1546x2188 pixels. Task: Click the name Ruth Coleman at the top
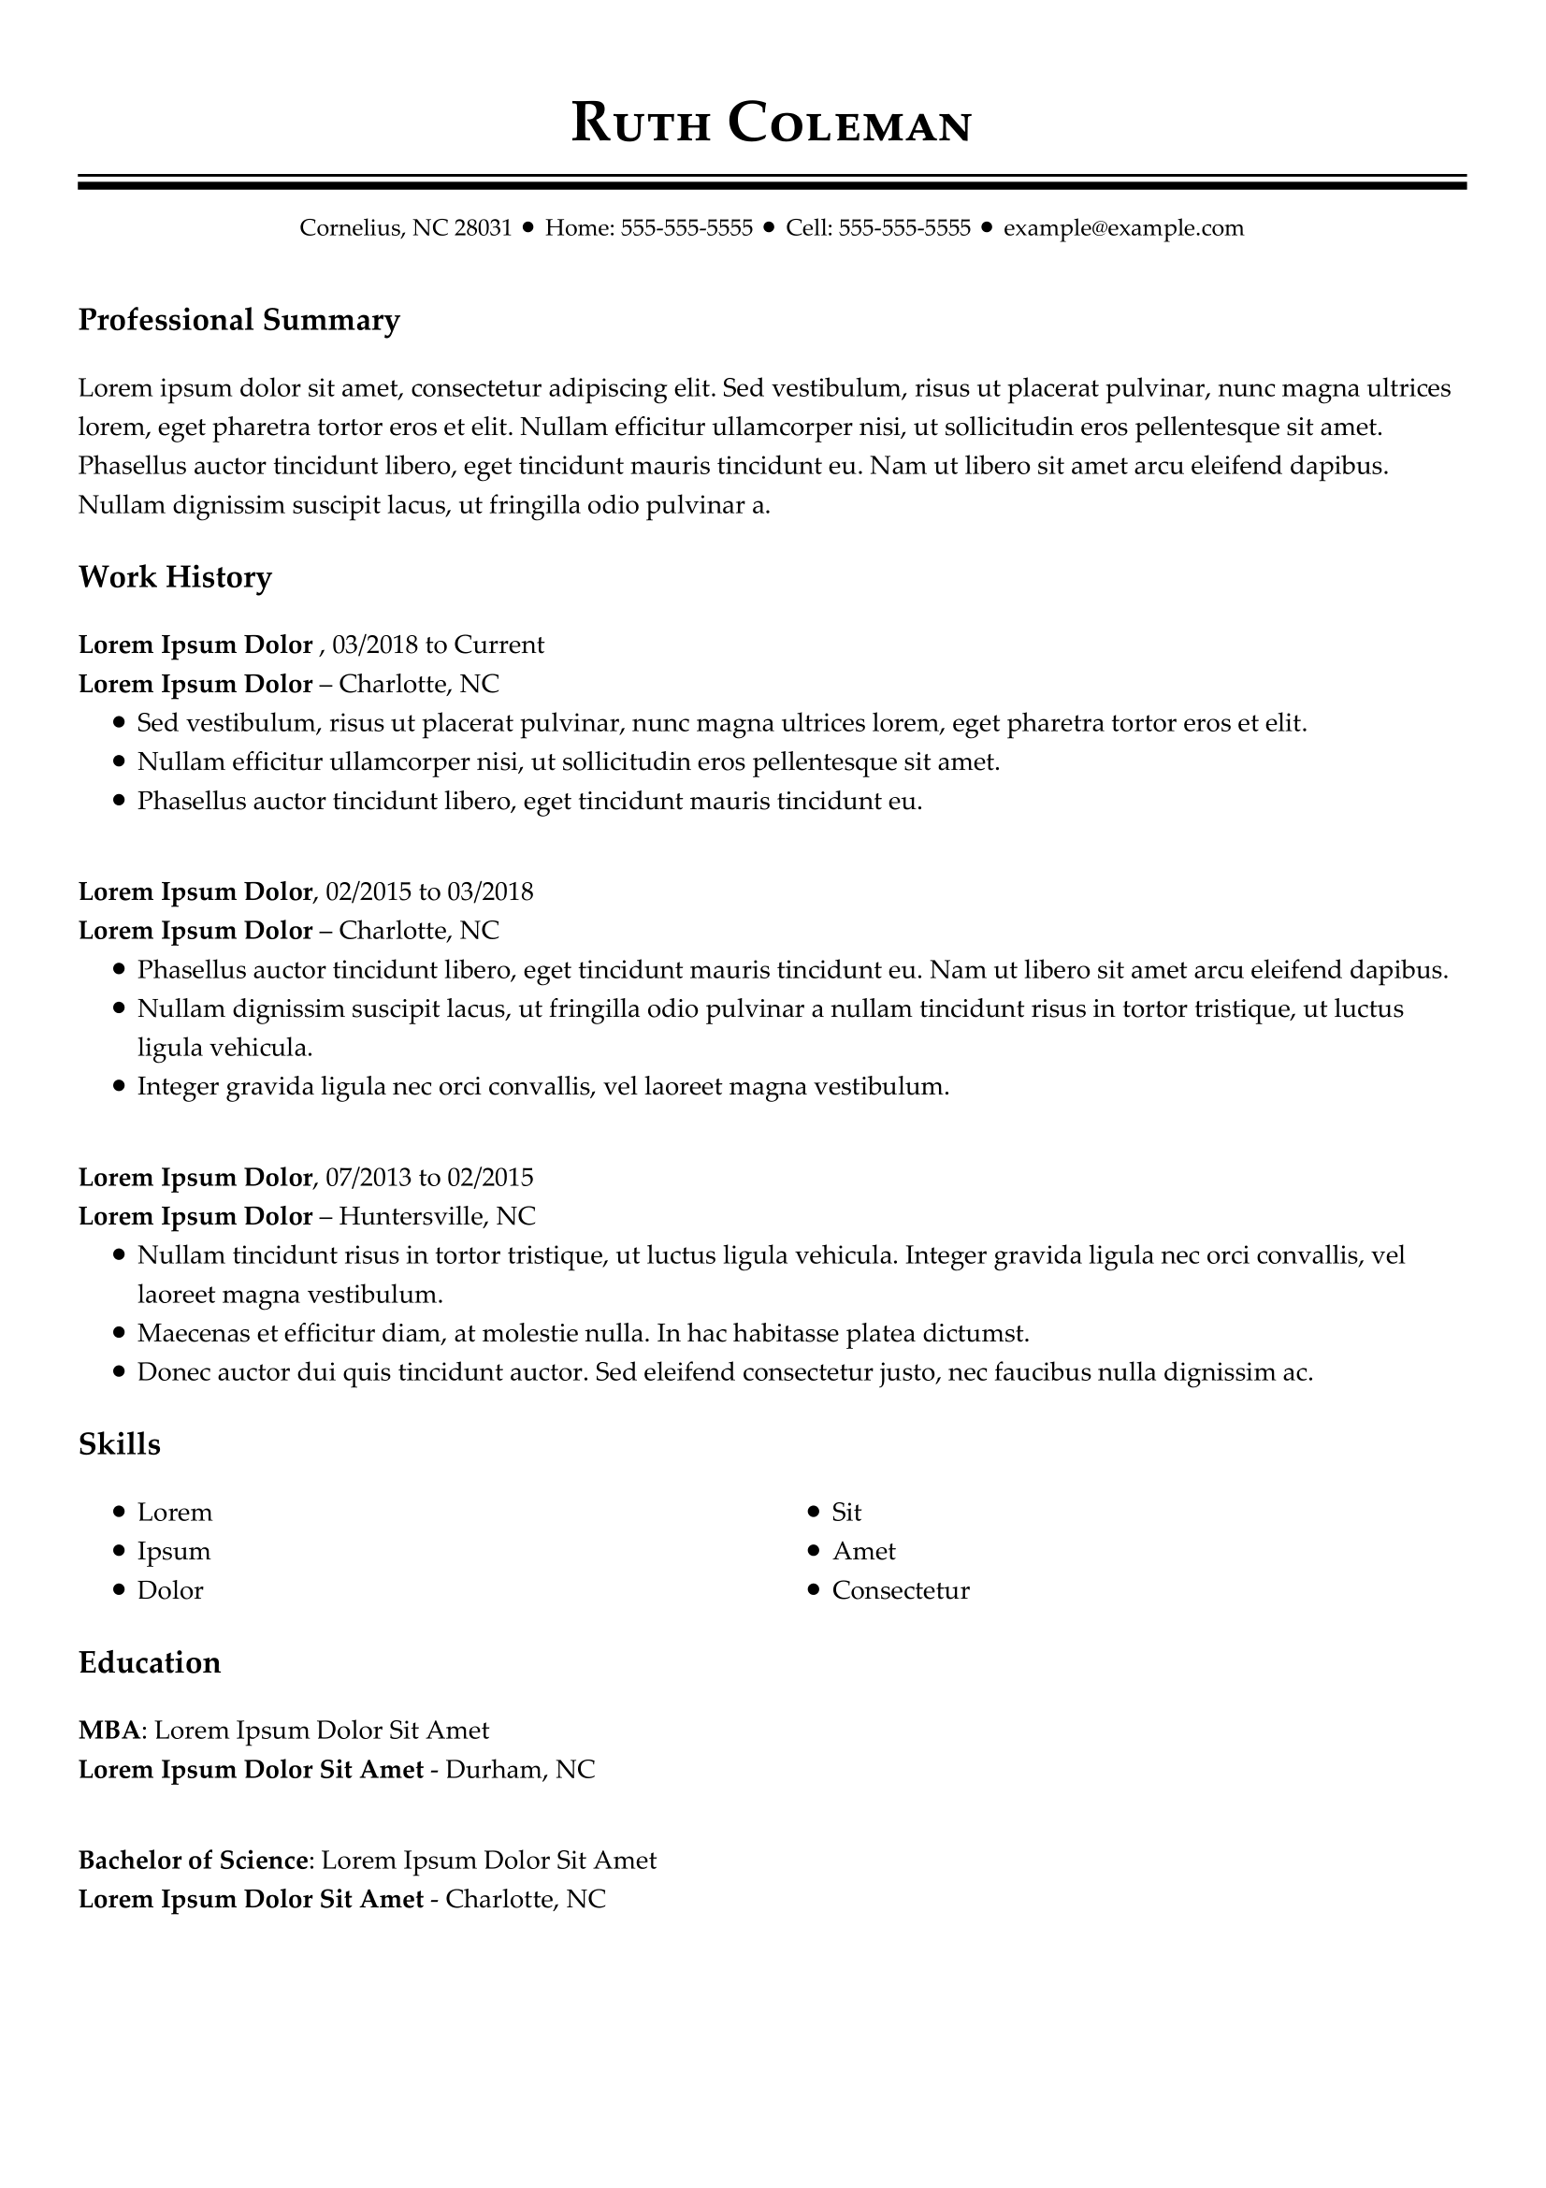[772, 123]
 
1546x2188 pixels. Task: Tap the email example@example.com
[1123, 227]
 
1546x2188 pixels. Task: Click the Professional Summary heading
[238, 320]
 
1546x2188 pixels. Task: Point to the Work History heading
[174, 577]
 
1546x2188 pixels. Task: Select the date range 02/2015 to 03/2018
[428, 892]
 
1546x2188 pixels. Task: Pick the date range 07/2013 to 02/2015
[428, 1178]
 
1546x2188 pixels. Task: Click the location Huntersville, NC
[437, 1217]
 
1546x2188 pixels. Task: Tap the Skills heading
[119, 1444]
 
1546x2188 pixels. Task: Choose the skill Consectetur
[900, 1590]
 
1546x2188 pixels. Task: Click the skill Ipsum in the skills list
[173, 1551]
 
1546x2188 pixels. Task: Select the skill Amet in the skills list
[864, 1551]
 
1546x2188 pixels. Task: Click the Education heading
[150, 1663]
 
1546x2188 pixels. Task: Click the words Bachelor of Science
[194, 1861]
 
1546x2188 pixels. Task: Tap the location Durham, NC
[520, 1770]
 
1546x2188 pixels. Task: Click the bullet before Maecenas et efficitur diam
[119, 1333]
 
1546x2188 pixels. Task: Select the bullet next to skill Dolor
[119, 1589]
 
